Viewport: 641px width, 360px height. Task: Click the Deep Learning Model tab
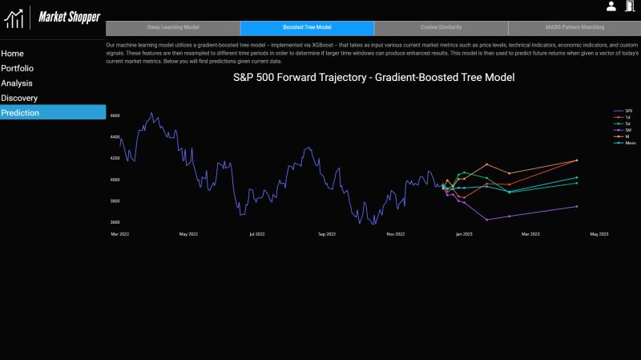(x=172, y=27)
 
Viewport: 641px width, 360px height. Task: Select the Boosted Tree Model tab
(x=307, y=27)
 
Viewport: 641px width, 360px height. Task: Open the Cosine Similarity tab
(x=441, y=27)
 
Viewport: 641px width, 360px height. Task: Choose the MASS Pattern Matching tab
(x=574, y=27)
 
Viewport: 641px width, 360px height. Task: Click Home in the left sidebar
(x=12, y=54)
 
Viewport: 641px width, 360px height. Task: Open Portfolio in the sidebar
(x=17, y=68)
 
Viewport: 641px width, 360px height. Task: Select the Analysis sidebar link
(x=17, y=83)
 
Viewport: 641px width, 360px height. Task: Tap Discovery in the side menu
(x=19, y=98)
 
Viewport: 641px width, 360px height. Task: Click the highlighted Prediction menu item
(x=20, y=113)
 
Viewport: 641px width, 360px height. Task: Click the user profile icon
(x=611, y=6)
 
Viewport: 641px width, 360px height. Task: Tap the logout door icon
(x=628, y=6)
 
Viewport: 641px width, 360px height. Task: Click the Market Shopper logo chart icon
(x=14, y=17)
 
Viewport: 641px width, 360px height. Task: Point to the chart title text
(x=373, y=78)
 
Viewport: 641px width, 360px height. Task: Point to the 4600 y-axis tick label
(x=115, y=116)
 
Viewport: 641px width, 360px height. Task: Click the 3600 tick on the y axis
(x=115, y=222)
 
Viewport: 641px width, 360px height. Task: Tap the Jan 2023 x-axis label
(x=464, y=234)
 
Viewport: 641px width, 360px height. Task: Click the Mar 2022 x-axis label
(x=119, y=234)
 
